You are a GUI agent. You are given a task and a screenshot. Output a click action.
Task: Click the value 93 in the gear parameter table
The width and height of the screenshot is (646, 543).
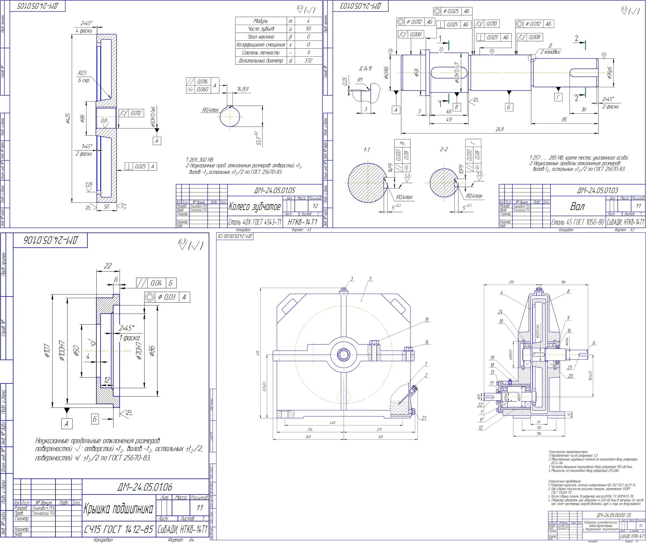click(x=308, y=29)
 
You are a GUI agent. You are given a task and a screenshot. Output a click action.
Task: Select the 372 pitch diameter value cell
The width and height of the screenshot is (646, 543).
click(x=308, y=61)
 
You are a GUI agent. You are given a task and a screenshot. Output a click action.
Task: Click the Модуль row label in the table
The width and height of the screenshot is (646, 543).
click(x=261, y=21)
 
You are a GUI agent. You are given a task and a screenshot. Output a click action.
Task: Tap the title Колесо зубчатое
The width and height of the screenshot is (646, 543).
click(x=254, y=207)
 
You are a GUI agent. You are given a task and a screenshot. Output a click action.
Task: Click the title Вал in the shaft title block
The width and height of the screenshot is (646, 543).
click(x=577, y=207)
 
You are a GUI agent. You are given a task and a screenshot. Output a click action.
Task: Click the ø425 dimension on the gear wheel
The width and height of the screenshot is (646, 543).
click(x=68, y=118)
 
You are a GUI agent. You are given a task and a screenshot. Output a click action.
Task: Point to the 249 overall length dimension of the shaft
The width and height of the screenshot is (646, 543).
click(x=499, y=129)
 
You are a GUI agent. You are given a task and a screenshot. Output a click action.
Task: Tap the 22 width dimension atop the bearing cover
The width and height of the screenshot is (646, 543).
click(x=108, y=266)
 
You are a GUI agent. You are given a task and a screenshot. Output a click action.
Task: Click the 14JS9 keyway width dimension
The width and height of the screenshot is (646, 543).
click(x=242, y=89)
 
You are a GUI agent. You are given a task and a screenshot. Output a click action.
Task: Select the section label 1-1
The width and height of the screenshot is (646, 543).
click(x=367, y=150)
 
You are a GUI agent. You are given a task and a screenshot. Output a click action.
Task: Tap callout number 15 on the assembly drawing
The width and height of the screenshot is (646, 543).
click(x=427, y=320)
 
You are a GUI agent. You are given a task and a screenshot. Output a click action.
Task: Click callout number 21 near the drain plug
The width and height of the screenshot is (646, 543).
click(x=424, y=418)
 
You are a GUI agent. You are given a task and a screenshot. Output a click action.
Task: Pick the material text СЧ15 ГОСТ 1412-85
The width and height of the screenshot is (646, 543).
click(x=118, y=530)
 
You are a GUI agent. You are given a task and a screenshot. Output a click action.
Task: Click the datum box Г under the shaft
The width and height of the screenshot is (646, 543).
click(x=558, y=97)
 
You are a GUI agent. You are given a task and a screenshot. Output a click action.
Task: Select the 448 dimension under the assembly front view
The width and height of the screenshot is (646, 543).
click(x=332, y=423)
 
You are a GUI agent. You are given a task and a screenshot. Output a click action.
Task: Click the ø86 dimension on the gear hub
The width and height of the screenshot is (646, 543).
click(x=82, y=118)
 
